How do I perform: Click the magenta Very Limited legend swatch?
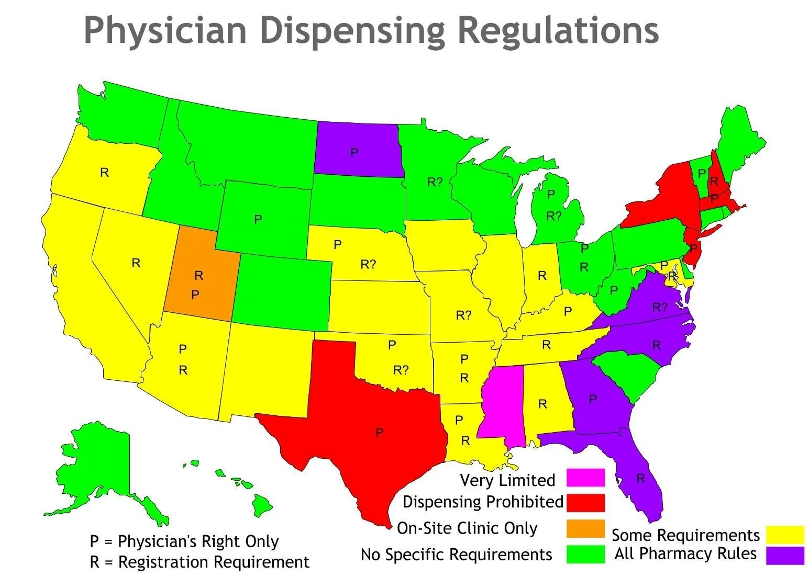[585, 478]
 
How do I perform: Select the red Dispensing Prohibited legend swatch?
[585, 503]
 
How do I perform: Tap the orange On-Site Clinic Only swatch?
[585, 528]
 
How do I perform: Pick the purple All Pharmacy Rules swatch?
[784, 555]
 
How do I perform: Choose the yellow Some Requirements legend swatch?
[784, 535]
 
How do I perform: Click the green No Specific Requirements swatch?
[585, 554]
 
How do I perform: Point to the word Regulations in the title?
[558, 30]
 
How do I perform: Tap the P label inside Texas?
[379, 433]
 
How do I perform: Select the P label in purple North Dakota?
[354, 153]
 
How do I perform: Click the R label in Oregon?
[105, 173]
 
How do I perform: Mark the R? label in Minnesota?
[435, 182]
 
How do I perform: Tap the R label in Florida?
[640, 478]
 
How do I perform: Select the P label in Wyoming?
[258, 220]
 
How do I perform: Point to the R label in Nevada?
[136, 263]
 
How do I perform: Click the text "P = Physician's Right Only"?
[184, 541]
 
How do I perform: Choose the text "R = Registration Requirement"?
[200, 562]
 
